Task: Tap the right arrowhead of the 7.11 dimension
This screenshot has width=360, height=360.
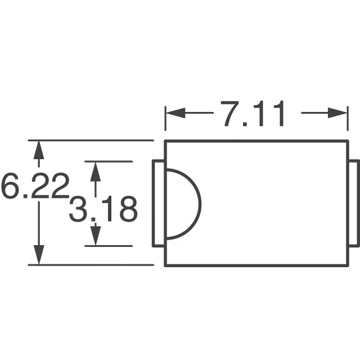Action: pyautogui.click(x=340, y=113)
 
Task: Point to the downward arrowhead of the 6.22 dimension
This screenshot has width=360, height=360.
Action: pyautogui.click(x=38, y=256)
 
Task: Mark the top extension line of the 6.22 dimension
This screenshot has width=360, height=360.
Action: pyautogui.click(x=90, y=140)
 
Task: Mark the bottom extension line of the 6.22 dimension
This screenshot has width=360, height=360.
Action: pyautogui.click(x=90, y=265)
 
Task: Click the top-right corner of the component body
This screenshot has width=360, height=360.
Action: pyautogui.click(x=348, y=141)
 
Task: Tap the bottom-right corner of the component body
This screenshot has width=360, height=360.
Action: pyautogui.click(x=348, y=265)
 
